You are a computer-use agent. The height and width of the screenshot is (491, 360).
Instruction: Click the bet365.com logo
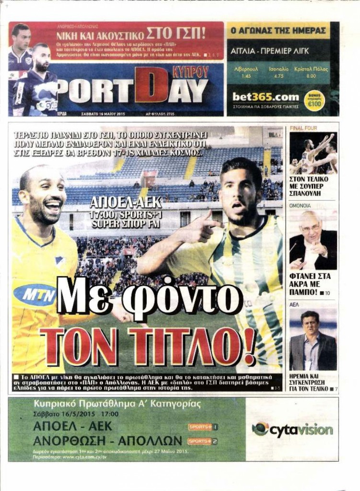[266, 97]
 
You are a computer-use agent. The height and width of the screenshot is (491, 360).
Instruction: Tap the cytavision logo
[292, 430]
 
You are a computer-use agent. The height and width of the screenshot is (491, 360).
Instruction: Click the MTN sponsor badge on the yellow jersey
[35, 294]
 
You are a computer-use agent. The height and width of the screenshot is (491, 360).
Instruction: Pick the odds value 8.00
[311, 76]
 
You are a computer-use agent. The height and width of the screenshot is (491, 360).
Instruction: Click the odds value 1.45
[246, 76]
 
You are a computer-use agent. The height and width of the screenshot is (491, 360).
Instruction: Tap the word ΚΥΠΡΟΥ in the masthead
[190, 72]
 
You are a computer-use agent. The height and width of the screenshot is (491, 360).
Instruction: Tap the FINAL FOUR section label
[303, 129]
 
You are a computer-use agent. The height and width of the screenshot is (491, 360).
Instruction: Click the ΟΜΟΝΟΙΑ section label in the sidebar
[301, 205]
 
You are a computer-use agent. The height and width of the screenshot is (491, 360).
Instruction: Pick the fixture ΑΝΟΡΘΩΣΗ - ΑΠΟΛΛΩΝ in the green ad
[108, 441]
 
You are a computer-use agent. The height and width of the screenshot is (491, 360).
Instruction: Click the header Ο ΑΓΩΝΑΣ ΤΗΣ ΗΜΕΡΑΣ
[279, 30]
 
